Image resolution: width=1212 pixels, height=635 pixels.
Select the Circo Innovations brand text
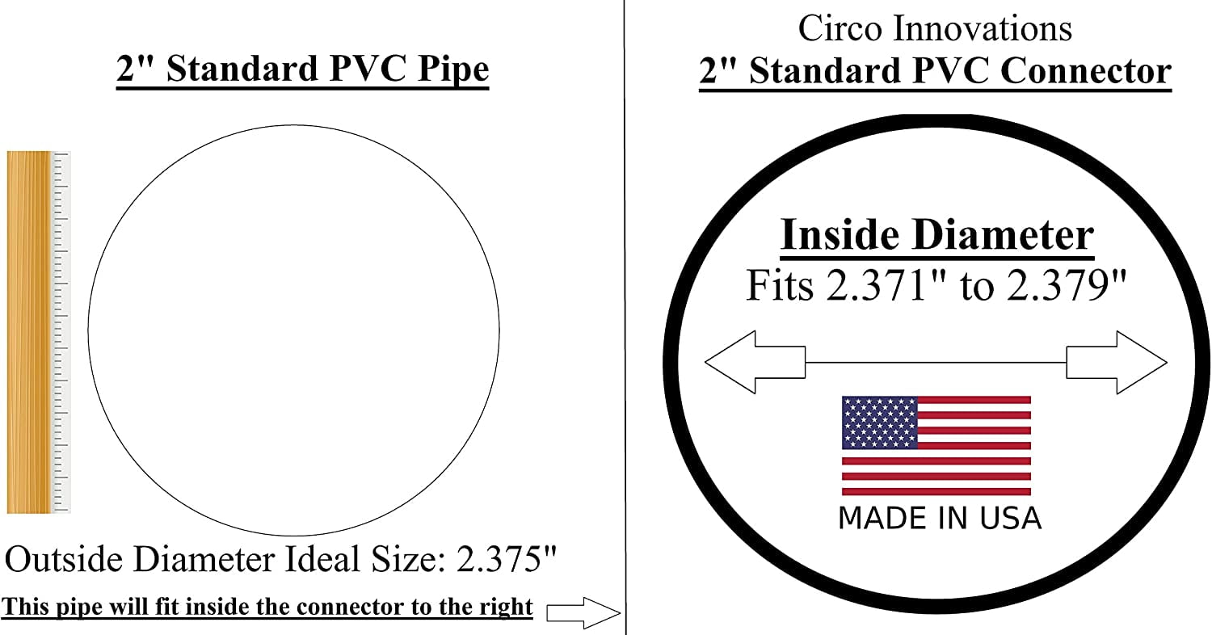tap(935, 28)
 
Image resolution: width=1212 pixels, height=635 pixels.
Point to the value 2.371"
tap(888, 285)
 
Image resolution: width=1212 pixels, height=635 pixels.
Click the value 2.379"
tap(1067, 285)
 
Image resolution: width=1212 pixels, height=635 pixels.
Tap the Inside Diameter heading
tap(937, 235)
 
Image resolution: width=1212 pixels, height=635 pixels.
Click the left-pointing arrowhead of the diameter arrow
tap(730, 363)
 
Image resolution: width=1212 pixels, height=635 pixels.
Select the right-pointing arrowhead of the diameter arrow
tap(1142, 363)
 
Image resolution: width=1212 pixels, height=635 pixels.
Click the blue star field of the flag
tap(880, 423)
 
